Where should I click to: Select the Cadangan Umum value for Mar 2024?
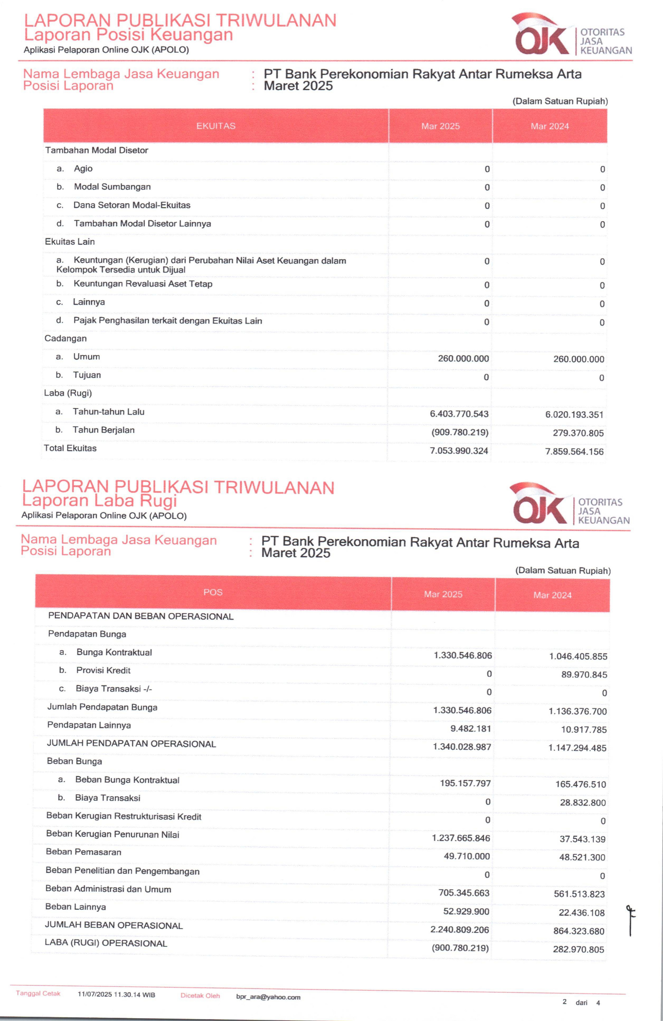[578, 359]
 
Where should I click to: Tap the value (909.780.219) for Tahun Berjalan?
[460, 432]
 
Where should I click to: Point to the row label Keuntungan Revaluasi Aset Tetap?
[143, 284]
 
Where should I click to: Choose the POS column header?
[213, 592]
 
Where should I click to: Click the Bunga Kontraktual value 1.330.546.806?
[463, 655]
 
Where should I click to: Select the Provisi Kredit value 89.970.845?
[584, 675]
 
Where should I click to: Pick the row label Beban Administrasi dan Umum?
[108, 889]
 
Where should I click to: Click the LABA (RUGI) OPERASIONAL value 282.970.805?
[578, 950]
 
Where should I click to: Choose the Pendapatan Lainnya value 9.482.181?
[471, 729]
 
